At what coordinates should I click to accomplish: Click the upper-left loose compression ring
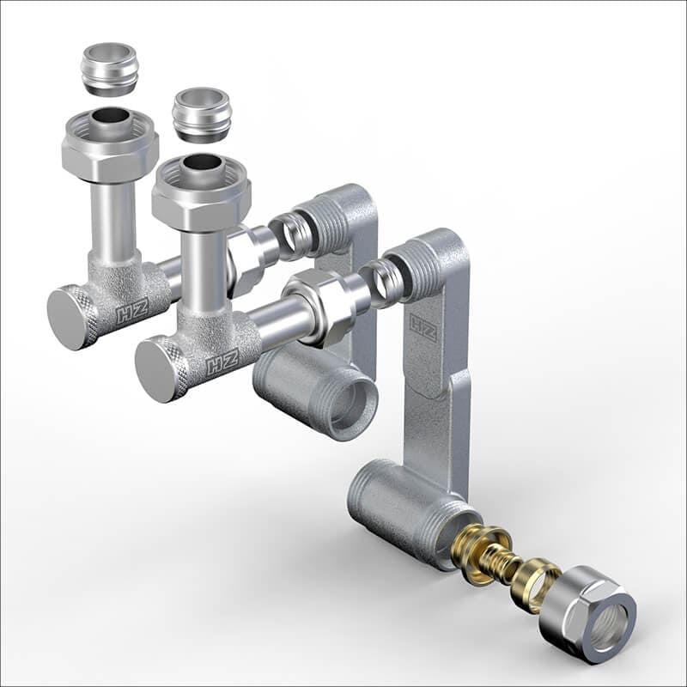(111, 69)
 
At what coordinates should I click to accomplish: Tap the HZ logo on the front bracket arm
(423, 328)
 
